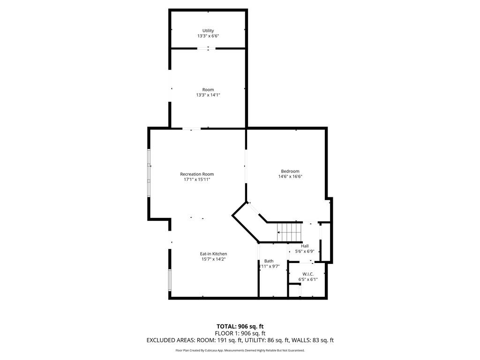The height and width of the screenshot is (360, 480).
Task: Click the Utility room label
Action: click(x=208, y=30)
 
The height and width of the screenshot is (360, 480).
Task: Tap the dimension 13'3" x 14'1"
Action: click(x=208, y=95)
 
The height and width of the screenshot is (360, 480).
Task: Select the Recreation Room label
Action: click(x=197, y=174)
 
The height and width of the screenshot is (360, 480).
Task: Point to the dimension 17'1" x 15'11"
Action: click(x=197, y=180)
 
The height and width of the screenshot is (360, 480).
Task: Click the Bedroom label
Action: click(x=290, y=171)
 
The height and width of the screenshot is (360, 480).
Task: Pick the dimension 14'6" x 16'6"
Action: click(x=290, y=177)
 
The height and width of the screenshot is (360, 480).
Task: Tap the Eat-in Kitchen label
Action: click(x=214, y=254)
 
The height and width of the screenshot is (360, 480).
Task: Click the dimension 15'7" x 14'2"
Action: click(x=214, y=259)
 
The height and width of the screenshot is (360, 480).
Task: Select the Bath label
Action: click(x=269, y=261)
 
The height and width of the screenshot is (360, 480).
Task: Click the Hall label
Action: click(x=305, y=246)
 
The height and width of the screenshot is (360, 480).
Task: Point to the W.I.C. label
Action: click(x=308, y=274)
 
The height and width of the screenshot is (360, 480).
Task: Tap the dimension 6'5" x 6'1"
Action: click(x=308, y=279)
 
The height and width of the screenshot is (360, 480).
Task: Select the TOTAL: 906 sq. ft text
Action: click(x=240, y=326)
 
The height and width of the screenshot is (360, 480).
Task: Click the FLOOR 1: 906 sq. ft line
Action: click(x=240, y=333)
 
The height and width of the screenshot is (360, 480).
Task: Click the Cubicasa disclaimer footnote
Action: click(x=240, y=350)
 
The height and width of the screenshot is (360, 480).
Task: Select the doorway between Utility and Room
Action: click(x=206, y=48)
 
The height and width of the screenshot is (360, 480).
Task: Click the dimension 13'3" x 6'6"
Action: click(x=208, y=36)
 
